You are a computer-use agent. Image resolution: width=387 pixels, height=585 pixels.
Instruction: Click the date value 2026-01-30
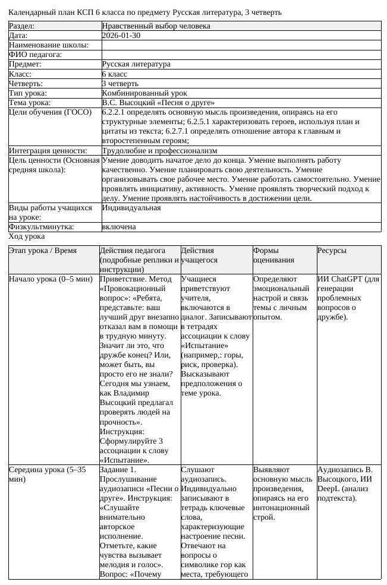tap(121, 36)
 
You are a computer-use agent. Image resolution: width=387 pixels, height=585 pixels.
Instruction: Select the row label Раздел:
tap(22, 26)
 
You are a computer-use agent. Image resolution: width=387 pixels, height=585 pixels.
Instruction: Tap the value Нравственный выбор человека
tap(156, 26)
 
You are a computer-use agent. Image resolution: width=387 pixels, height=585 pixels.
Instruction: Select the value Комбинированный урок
tap(144, 93)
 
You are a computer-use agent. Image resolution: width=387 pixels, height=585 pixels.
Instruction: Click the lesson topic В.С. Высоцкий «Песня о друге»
tap(158, 103)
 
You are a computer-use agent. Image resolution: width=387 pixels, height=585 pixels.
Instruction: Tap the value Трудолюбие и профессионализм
tap(160, 151)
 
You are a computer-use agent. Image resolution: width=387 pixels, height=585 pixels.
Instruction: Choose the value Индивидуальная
tap(131, 208)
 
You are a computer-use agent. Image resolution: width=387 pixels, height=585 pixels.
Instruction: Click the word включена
tap(119, 227)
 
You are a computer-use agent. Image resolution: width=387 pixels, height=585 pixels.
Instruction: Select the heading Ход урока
tap(27, 236)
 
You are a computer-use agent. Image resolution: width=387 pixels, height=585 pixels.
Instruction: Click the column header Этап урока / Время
tap(43, 251)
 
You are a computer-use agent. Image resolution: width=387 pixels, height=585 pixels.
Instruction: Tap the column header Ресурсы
tap(332, 251)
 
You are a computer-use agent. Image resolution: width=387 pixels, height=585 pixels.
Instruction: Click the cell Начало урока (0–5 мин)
tap(51, 279)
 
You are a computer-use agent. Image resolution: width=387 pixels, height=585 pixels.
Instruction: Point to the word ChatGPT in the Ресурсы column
tap(345, 279)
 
